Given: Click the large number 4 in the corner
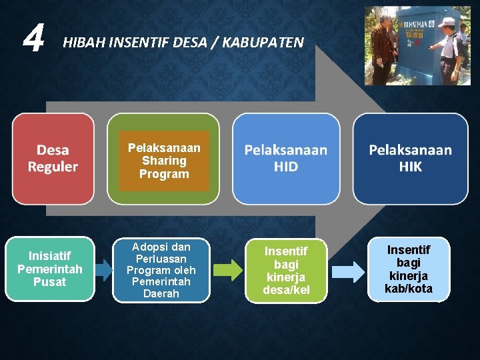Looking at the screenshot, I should coord(33,39).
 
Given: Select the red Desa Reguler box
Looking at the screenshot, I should coord(53,159).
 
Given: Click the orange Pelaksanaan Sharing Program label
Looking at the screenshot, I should coord(164,161).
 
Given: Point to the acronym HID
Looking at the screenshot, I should coord(286,167).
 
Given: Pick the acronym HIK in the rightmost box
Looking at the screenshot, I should coord(410,167).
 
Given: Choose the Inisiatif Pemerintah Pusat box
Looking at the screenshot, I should coord(50,269).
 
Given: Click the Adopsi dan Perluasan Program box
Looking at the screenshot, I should coord(161,270).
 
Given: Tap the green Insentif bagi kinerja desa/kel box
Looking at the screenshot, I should coord(286,271).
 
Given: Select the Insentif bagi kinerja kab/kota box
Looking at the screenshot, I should coord(409,269).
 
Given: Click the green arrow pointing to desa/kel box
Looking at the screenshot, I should coord(228,270).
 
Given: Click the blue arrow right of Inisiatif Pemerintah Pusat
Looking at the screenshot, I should coord(103,269).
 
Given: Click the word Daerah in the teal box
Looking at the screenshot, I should coord(161,293).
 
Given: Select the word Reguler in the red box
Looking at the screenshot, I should coord(53,167).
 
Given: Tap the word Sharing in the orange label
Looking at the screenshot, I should coord(164,161).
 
